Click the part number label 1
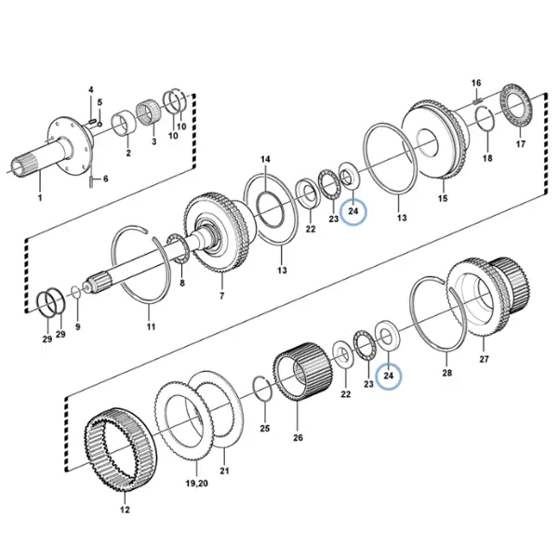(x=40, y=197)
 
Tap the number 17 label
(x=520, y=144)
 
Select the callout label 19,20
(x=197, y=484)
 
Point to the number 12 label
(x=125, y=510)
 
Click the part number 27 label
(x=484, y=359)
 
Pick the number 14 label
(x=265, y=159)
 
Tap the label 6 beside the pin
(x=105, y=179)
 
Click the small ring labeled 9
(x=76, y=293)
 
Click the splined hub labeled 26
(x=300, y=372)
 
